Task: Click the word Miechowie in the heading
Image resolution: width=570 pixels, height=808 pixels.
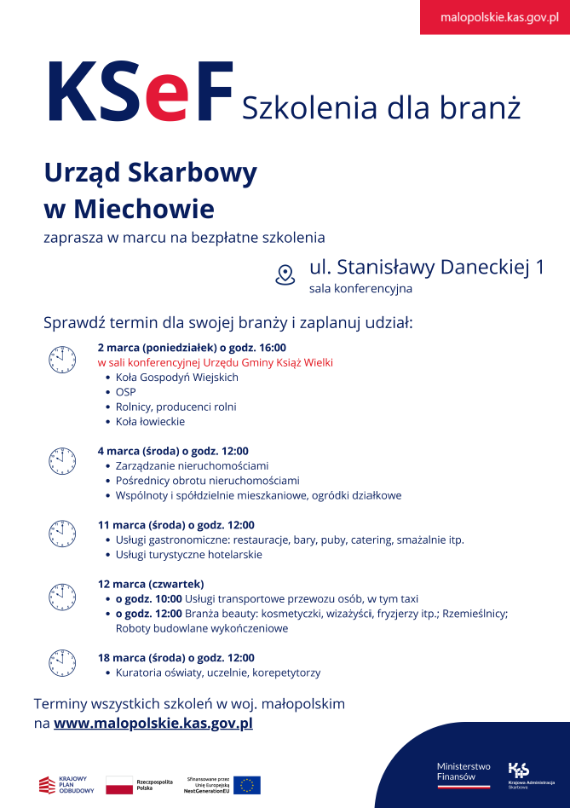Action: [144, 209]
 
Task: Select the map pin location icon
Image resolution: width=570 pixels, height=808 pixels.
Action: [285, 274]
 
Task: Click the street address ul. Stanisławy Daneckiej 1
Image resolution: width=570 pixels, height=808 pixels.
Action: [426, 267]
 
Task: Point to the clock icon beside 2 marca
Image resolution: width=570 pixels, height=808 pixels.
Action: [61, 359]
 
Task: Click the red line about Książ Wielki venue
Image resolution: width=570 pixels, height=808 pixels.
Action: [215, 362]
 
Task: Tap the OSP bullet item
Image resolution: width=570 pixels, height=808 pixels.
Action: [125, 392]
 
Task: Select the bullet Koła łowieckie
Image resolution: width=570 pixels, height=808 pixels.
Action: [150, 421]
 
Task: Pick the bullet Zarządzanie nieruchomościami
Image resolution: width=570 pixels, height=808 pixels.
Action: [192, 465]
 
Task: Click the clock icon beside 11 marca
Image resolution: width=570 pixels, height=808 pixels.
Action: [61, 534]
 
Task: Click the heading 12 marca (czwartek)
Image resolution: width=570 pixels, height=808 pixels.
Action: [151, 584]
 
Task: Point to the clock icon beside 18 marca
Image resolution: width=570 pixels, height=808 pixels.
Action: [61, 661]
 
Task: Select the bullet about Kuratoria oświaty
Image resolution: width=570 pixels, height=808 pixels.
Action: [217, 672]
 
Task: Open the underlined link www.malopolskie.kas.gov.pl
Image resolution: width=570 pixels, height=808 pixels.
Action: [153, 724]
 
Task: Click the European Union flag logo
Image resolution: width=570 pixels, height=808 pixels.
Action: [247, 785]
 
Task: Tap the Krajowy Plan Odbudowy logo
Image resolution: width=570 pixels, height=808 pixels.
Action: [66, 785]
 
